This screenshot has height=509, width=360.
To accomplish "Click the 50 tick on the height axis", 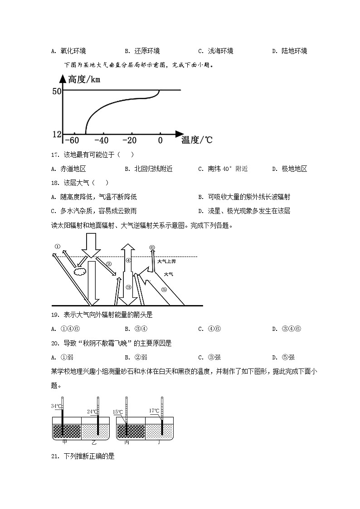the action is (x=57, y=91).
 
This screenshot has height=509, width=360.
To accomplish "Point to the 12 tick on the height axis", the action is (x=57, y=135).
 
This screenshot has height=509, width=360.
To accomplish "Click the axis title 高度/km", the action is (x=84, y=80).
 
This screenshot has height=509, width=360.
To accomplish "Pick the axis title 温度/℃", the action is (x=197, y=140).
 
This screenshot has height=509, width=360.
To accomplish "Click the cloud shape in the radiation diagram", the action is (x=80, y=271).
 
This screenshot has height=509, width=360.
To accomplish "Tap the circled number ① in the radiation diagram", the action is (x=58, y=247).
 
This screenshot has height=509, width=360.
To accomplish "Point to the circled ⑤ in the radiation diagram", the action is (x=164, y=290).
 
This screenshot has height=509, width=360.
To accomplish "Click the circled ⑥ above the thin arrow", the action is (x=152, y=247).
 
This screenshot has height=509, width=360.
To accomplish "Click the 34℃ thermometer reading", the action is (x=56, y=406).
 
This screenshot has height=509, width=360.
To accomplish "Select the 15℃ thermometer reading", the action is (x=117, y=412).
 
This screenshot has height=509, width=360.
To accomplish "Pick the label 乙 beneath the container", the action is (x=94, y=442).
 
